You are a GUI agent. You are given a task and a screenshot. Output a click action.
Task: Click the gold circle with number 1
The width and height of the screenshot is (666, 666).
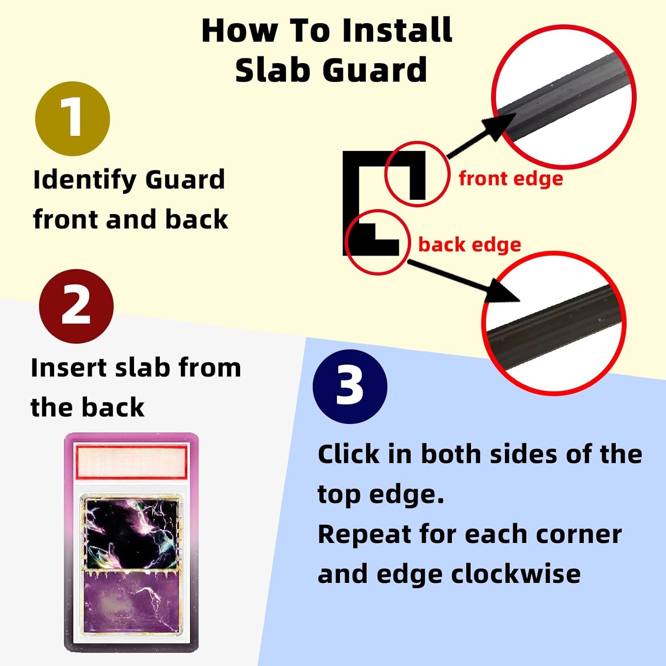(x=72, y=119)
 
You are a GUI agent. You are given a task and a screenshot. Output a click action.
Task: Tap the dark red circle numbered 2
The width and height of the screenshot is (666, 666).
(x=76, y=306)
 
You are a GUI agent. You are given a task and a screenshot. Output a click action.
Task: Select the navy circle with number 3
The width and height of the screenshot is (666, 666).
(x=350, y=386)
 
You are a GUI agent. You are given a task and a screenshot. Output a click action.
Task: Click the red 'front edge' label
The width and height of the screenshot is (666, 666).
(x=511, y=179)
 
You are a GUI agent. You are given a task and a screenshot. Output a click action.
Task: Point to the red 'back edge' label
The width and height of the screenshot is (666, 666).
(x=469, y=245)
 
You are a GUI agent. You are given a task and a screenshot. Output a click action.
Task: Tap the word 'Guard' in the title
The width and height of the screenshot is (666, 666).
(x=375, y=70)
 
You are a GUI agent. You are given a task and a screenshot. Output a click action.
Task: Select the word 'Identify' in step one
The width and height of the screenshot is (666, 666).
(x=85, y=180)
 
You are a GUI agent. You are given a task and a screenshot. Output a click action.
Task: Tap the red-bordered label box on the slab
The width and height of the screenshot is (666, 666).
(x=131, y=462)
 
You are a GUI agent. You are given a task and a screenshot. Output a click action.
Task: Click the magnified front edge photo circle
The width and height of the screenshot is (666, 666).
(x=564, y=97)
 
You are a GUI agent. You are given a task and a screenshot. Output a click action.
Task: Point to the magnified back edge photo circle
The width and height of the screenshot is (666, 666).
(x=554, y=323)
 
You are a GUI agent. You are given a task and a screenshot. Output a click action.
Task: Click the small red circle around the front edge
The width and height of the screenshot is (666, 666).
(x=416, y=174)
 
